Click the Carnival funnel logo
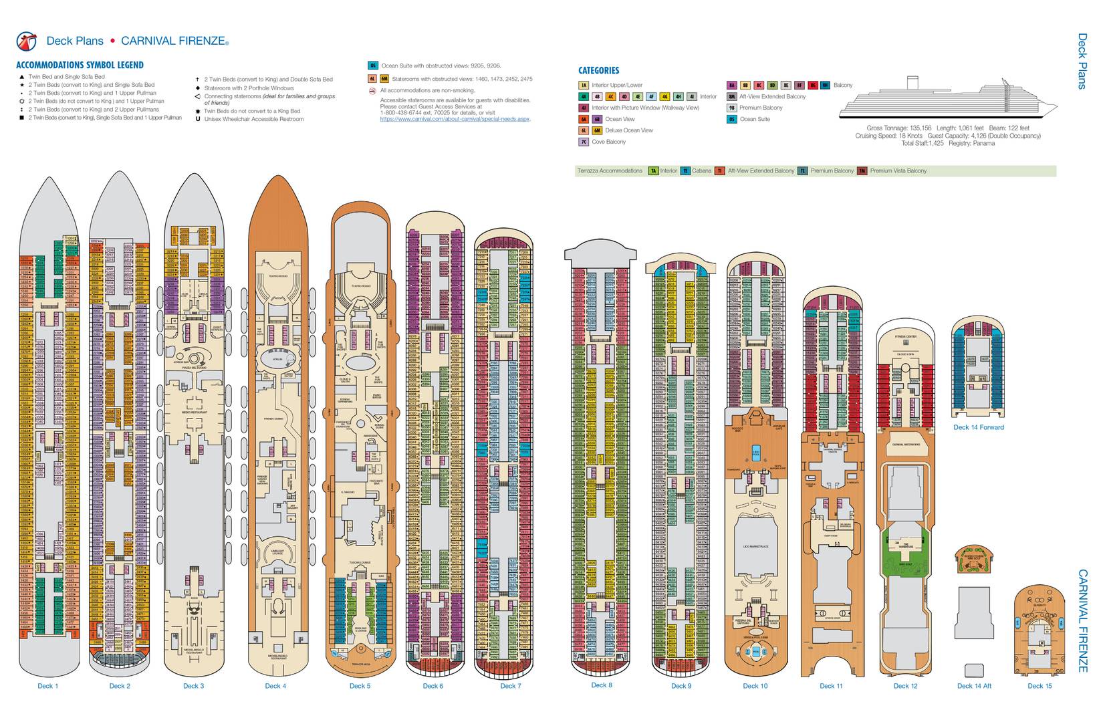pyautogui.click(x=27, y=41)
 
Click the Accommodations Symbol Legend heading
pyautogui.click(x=80, y=65)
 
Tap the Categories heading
pyautogui.click(x=598, y=70)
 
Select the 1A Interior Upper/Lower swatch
pyautogui.click(x=584, y=85)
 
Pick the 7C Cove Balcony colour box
pyautogui.click(x=584, y=142)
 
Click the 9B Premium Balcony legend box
pyautogui.click(x=732, y=108)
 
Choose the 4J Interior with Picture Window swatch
pyautogui.click(x=584, y=108)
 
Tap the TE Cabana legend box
pyautogui.click(x=685, y=171)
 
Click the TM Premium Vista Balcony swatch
pyautogui.click(x=862, y=171)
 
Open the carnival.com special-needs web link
pyautogui.click(x=455, y=119)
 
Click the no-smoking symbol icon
pyautogui.click(x=372, y=90)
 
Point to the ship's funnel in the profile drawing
pyautogui.click(x=911, y=83)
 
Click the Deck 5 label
pyautogui.click(x=359, y=686)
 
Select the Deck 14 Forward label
pyautogui.click(x=978, y=427)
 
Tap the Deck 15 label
pyautogui.click(x=1039, y=686)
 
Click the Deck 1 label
pyautogui.click(x=47, y=686)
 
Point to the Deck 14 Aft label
pyautogui.click(x=974, y=686)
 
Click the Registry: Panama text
pyautogui.click(x=971, y=143)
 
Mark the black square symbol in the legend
pyautogui.click(x=21, y=118)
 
